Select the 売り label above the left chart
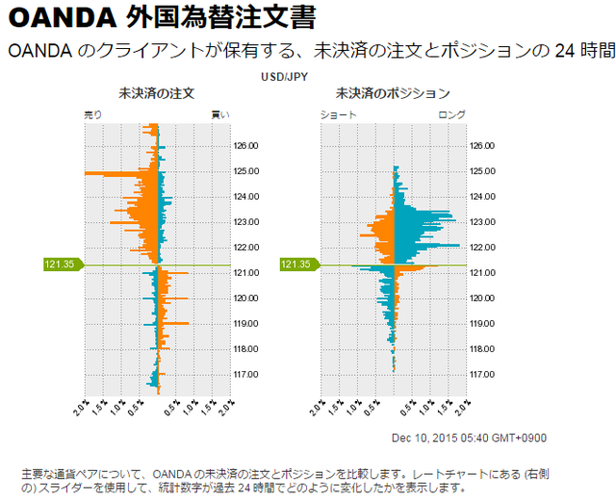point(93,115)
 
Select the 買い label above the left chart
point(220,115)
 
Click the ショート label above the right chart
point(339,115)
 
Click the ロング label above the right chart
point(451,115)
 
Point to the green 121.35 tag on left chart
point(63,264)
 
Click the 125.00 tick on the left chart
point(246,172)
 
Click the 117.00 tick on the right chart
point(482,374)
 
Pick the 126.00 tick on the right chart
point(482,146)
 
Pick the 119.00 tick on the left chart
point(246,324)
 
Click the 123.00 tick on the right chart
point(482,222)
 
